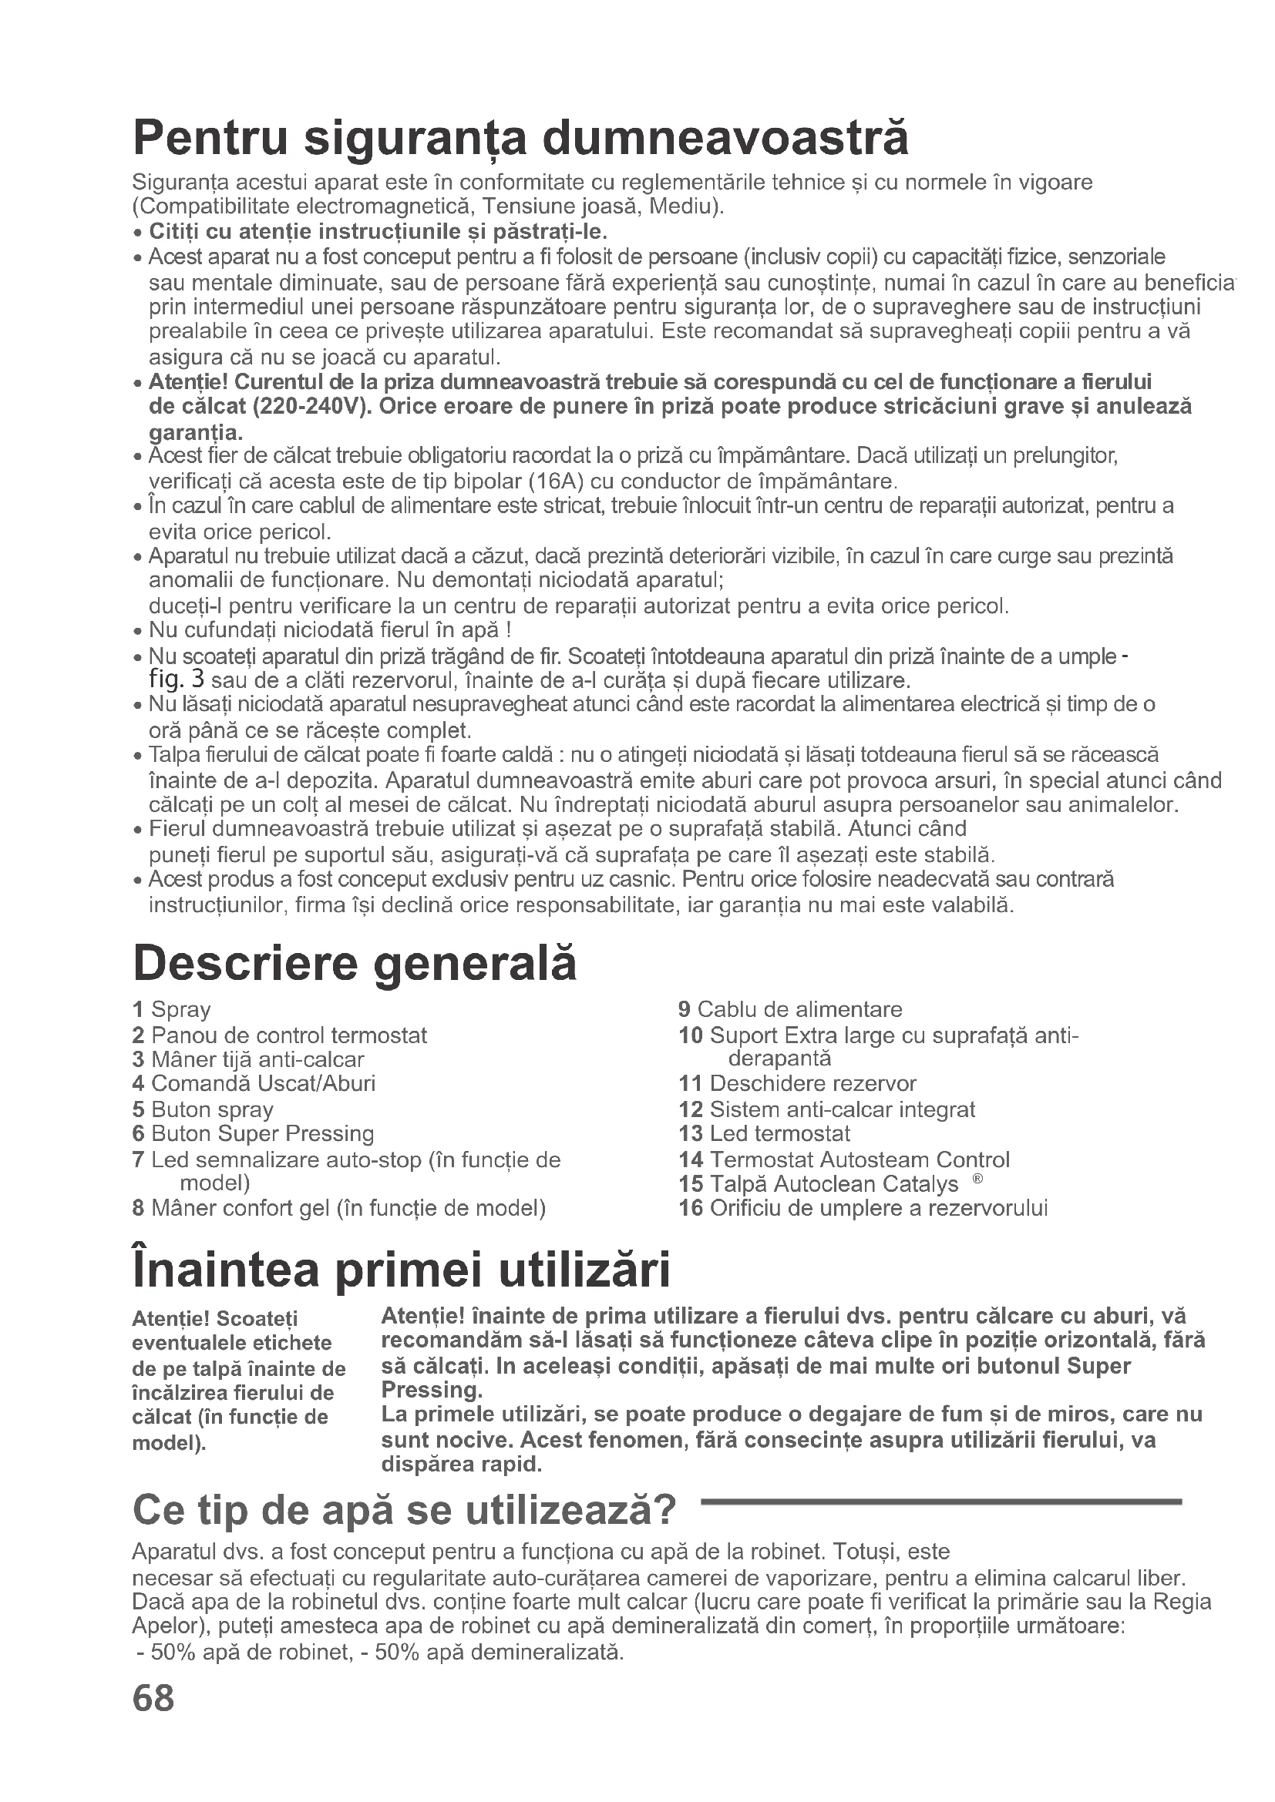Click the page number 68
coord(154,1699)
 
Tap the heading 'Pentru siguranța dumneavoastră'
coord(520,138)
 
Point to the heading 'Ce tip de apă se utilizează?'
coord(405,1510)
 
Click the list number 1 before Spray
coord(138,1009)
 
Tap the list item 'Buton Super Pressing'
coord(262,1133)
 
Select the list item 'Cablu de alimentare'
coord(799,1009)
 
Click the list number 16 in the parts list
coord(690,1208)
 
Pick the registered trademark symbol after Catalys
coord(977,1180)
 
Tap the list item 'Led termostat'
coord(779,1133)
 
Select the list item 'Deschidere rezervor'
coord(812,1084)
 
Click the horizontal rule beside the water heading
coord(940,1502)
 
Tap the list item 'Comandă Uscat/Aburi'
coord(263,1084)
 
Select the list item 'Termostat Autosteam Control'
coord(859,1159)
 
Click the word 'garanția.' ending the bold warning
coord(197,432)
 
